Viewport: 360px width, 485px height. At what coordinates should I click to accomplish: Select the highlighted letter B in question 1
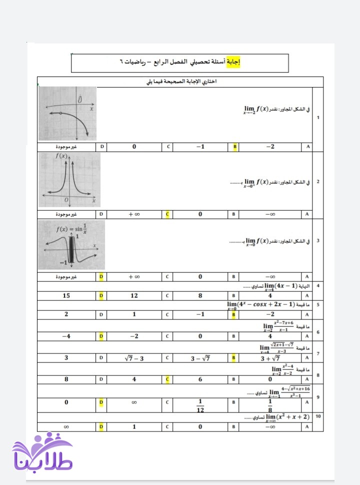click(x=234, y=146)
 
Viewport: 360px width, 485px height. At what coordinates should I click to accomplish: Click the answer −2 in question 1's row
click(x=270, y=146)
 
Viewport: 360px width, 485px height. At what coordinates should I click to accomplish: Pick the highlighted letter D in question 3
click(x=101, y=276)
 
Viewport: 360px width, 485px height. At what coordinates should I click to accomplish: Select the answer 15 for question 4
click(x=66, y=295)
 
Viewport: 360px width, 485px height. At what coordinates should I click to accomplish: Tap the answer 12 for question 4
click(x=134, y=295)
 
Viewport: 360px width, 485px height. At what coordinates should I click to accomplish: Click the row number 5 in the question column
click(x=318, y=304)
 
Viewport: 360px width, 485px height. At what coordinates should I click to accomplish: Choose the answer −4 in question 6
click(x=66, y=336)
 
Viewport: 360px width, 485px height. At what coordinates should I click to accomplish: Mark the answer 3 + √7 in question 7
click(x=270, y=358)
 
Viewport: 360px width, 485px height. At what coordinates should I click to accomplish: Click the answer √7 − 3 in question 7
click(x=134, y=358)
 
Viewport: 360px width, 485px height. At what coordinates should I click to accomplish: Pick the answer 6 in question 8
click(x=200, y=379)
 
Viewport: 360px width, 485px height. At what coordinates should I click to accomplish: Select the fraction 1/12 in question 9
click(x=200, y=406)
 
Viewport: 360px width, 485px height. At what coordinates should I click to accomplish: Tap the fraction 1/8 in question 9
click(x=270, y=406)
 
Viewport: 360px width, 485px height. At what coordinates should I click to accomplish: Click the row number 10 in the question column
click(x=318, y=416)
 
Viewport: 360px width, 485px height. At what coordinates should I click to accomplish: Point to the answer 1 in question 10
click(x=134, y=427)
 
